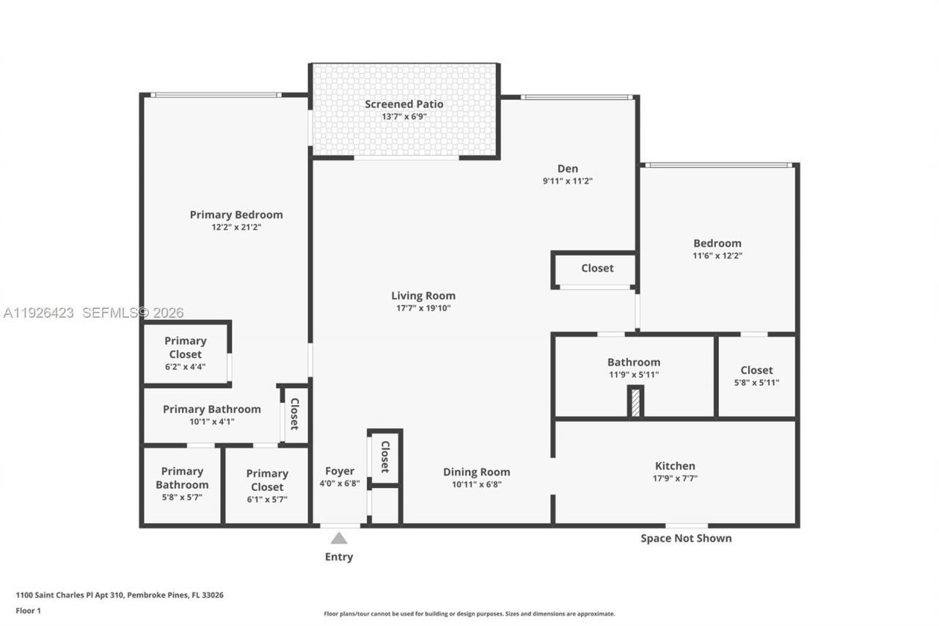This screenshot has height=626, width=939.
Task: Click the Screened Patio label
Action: coord(404,104)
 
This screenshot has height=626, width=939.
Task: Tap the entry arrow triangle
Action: coord(338,538)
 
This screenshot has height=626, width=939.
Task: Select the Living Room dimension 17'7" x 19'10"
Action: coord(423,308)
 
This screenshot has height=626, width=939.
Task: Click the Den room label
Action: coord(567,168)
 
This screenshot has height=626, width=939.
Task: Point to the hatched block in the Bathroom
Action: coord(635,402)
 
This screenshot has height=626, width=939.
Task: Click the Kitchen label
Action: coord(675,466)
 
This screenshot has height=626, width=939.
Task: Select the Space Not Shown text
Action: coord(686,538)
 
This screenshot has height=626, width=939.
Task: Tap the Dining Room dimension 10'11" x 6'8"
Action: coord(476,484)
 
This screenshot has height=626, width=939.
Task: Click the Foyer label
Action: coord(340,471)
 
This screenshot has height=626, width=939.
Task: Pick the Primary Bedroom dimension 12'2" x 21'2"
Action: coord(236,228)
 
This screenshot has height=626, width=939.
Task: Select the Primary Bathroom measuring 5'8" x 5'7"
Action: coord(182,484)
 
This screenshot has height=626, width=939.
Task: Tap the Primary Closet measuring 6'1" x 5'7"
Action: coord(267,486)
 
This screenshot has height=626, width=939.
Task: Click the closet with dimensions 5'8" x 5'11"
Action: coord(756,376)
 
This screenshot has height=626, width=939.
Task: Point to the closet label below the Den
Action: coord(597,269)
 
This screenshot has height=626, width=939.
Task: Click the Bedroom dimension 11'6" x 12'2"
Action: coord(717,256)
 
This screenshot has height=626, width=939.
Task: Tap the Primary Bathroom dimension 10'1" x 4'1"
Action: coord(212,422)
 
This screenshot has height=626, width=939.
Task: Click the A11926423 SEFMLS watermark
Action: coord(93,313)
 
